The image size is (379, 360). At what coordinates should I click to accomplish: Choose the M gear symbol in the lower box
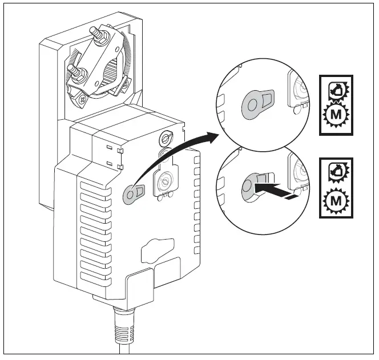[337, 200]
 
